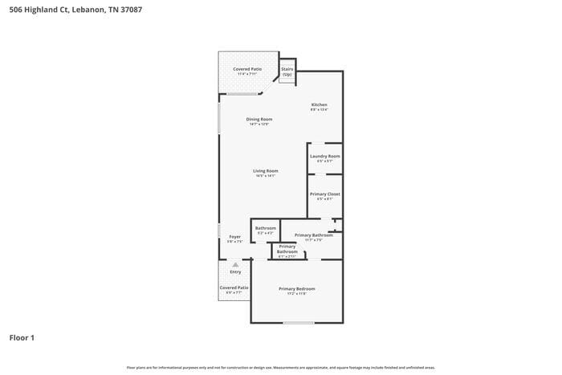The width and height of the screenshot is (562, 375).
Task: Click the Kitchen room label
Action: (319, 104)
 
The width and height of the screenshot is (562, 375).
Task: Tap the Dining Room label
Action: (259, 119)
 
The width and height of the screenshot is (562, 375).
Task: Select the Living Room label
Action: (265, 170)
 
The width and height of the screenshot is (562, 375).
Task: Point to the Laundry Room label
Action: (324, 156)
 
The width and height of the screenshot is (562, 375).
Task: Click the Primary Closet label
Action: (324, 194)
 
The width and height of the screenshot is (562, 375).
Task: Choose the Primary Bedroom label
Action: (296, 288)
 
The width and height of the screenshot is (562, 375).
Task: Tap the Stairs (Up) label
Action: (287, 71)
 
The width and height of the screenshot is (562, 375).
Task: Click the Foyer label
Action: (234, 237)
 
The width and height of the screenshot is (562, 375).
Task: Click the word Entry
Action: (235, 271)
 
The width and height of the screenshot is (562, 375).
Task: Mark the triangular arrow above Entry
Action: (235, 264)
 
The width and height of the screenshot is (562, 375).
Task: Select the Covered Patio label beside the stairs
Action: (247, 69)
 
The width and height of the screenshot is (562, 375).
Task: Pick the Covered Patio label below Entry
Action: (234, 287)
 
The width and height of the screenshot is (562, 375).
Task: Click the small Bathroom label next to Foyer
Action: (265, 228)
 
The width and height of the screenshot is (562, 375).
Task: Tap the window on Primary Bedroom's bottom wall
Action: (298, 323)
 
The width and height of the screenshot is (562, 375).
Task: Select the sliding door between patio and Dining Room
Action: (242, 94)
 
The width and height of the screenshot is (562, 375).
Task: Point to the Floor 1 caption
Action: (22, 337)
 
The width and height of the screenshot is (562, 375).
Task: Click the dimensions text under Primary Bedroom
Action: (296, 294)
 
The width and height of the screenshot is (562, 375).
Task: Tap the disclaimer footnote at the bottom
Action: (280, 367)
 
